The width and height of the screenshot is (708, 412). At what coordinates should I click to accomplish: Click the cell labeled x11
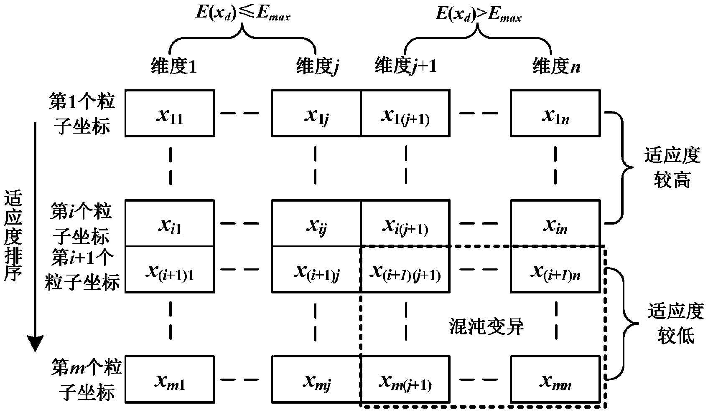click(170, 113)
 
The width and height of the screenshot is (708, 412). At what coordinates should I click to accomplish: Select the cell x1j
click(316, 113)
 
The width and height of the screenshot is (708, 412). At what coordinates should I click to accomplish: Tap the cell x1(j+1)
click(405, 113)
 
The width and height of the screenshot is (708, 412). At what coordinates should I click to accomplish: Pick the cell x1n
click(555, 113)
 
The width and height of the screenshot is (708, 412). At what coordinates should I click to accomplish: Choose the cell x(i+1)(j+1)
click(405, 269)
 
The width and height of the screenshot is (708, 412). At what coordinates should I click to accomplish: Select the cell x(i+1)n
click(555, 269)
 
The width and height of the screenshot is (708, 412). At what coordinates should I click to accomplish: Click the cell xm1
click(170, 379)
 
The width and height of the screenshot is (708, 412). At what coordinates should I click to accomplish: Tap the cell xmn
click(555, 379)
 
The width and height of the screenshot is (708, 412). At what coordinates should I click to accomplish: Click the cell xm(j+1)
click(405, 379)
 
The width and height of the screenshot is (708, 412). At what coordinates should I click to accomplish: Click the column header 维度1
click(173, 66)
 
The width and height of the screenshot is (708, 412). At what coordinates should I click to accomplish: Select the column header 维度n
click(556, 66)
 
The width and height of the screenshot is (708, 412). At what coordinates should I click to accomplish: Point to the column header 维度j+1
click(405, 65)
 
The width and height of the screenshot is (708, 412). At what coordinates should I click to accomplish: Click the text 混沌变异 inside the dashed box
click(486, 326)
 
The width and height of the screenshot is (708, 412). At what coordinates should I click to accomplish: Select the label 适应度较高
click(672, 168)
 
